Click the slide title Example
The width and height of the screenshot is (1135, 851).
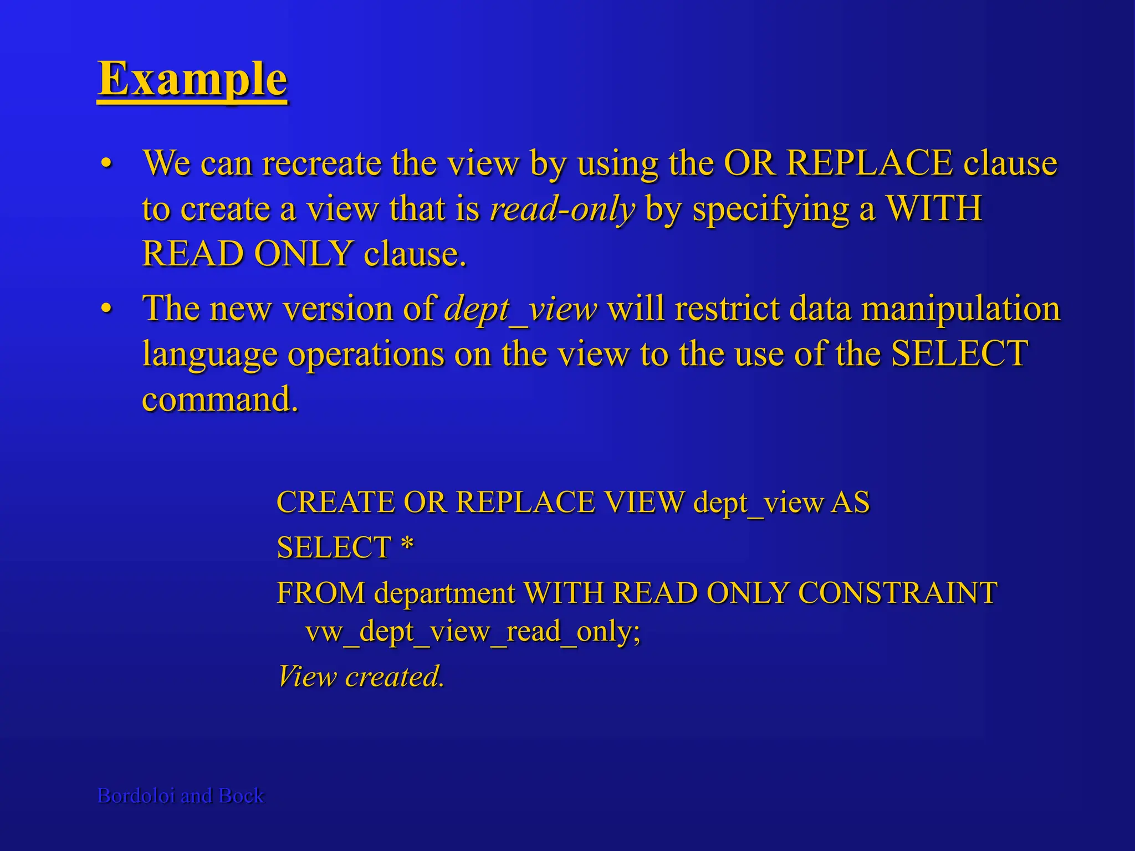point(192,79)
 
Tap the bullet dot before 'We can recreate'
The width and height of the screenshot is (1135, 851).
point(106,164)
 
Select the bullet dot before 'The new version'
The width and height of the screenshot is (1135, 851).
point(106,309)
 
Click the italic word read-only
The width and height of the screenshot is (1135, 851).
point(562,209)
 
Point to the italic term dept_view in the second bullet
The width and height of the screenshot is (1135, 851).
point(520,309)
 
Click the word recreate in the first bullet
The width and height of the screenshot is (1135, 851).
point(321,164)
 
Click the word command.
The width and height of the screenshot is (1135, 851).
point(219,399)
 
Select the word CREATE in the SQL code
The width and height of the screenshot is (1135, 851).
point(335,503)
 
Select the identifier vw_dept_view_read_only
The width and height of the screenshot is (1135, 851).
point(472,632)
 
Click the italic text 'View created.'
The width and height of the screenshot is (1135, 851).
point(361,676)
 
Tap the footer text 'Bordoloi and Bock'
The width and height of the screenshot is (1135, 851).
point(181,796)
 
